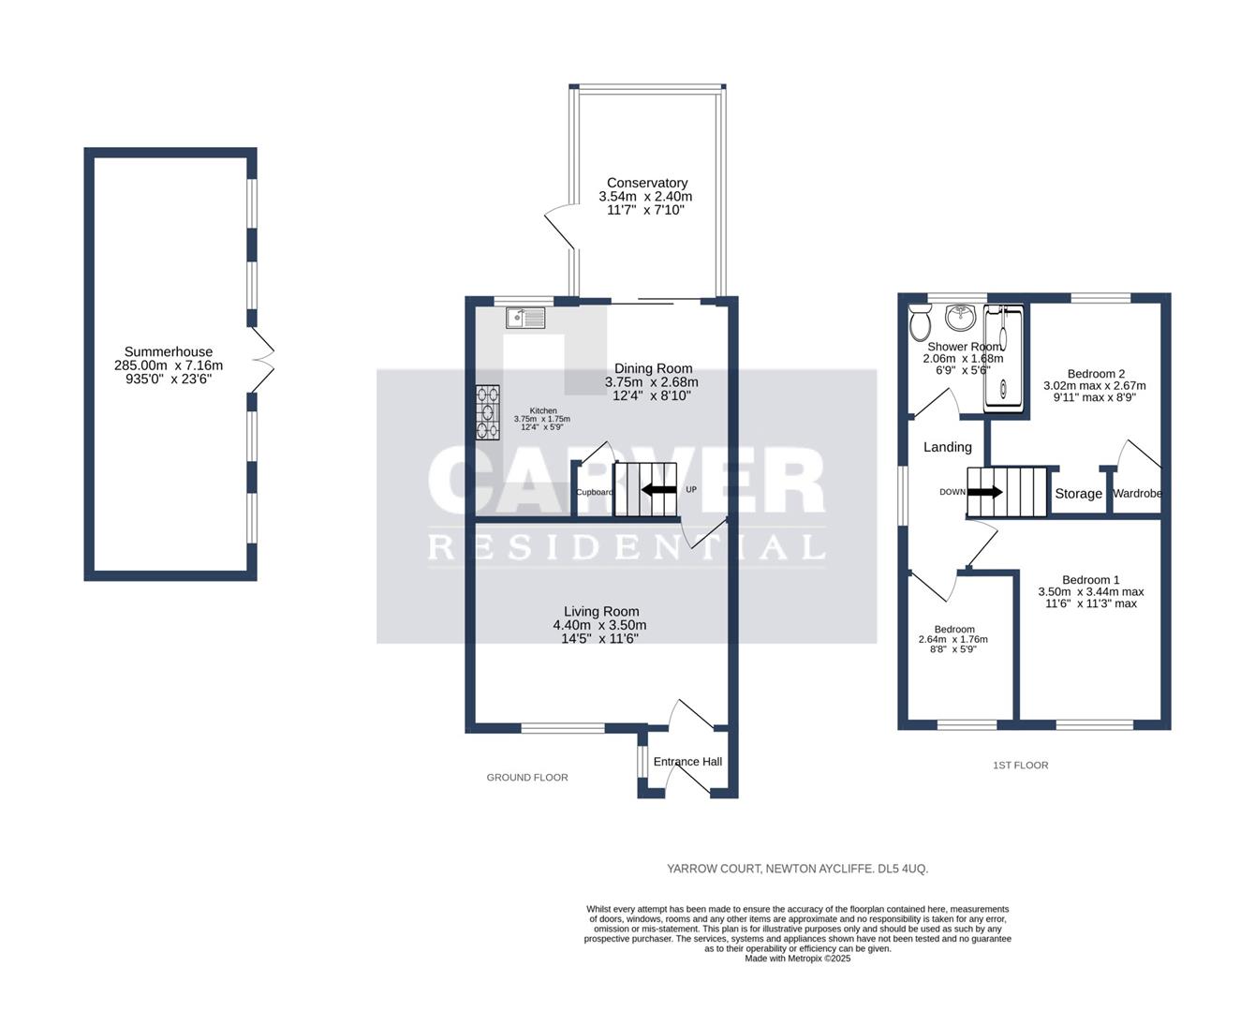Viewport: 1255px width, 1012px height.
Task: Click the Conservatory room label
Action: click(x=646, y=183)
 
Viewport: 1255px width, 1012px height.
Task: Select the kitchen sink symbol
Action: click(x=525, y=319)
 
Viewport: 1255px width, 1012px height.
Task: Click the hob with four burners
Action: click(x=487, y=412)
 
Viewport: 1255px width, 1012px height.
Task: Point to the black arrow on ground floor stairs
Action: click(x=658, y=490)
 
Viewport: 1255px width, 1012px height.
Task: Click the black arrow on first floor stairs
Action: click(x=984, y=492)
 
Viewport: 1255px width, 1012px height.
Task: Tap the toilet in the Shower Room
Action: click(x=921, y=325)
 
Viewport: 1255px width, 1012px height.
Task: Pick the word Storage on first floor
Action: click(x=1078, y=494)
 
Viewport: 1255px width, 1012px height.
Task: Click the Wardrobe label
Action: click(x=1137, y=494)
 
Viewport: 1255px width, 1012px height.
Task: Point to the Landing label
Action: click(x=947, y=447)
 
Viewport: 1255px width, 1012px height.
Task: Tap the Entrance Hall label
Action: click(x=687, y=762)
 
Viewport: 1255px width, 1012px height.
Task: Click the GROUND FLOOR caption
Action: click(x=527, y=778)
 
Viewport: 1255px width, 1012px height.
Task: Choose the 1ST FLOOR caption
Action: click(x=1020, y=766)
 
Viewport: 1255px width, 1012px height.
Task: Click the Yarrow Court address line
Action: click(x=797, y=869)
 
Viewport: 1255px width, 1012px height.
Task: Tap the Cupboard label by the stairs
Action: click(x=595, y=492)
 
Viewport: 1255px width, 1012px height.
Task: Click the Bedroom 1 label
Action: click(x=1090, y=580)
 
